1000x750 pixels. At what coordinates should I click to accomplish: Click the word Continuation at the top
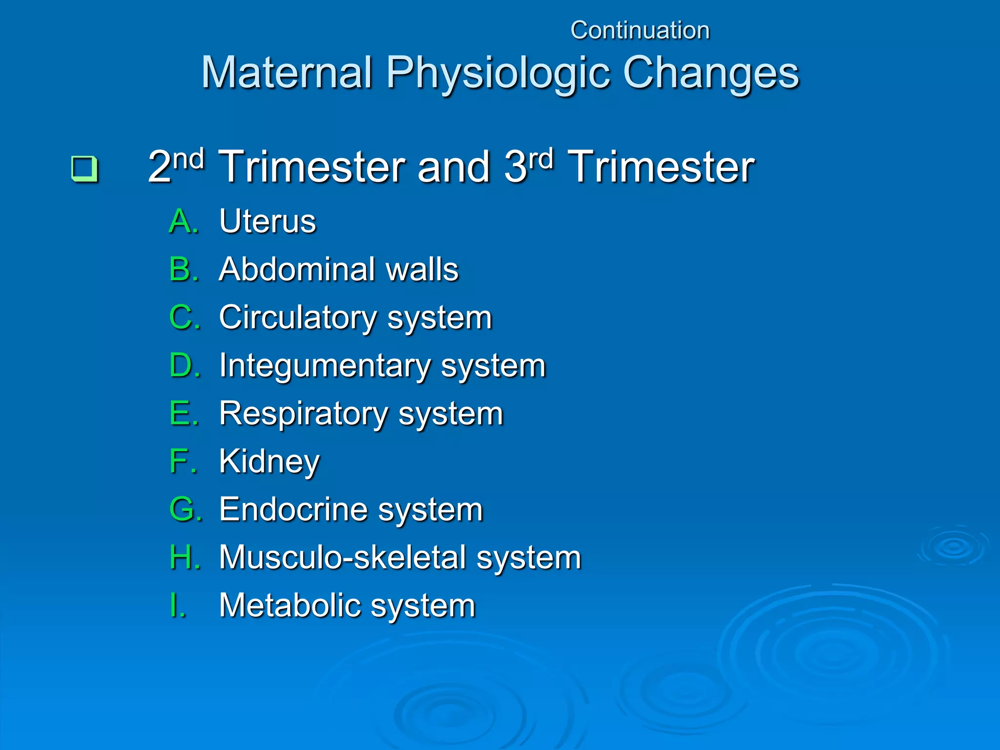(640, 30)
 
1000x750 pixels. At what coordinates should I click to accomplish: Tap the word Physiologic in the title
(498, 73)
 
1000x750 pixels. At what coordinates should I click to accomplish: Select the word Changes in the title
(711, 73)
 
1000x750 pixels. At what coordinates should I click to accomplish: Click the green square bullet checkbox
(84, 168)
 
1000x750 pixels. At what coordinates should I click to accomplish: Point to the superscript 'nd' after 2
(189, 159)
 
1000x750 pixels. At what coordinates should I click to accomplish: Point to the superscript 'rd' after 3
(541, 159)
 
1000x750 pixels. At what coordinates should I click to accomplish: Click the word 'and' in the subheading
(453, 167)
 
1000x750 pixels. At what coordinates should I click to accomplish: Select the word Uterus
(268, 221)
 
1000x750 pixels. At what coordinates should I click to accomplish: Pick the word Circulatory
(298, 317)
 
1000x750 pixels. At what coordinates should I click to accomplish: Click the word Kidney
(270, 461)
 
